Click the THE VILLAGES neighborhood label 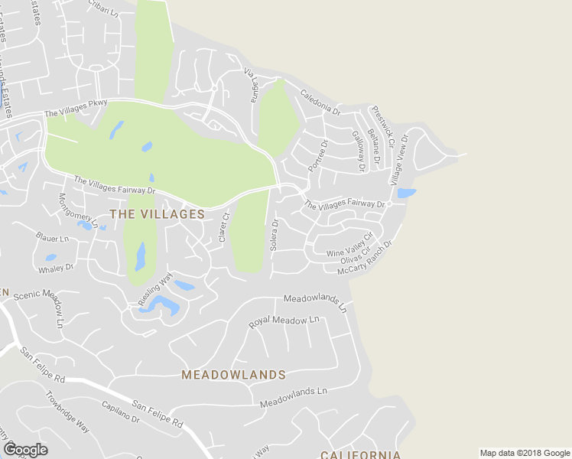coord(158,214)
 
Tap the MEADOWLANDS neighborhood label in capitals coord(233,375)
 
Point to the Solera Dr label coord(274,236)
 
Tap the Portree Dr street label coord(317,156)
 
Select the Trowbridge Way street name coord(68,413)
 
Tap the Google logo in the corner coord(26,449)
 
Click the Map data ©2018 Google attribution coord(525,453)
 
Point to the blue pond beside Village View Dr coord(406,194)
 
